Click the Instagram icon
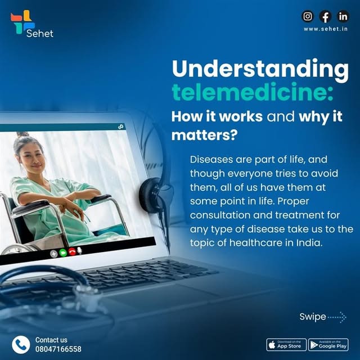tap(308, 16)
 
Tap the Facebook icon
tap(325, 16)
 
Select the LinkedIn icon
tap(343, 16)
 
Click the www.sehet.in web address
tap(326, 29)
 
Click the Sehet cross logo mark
tap(22, 22)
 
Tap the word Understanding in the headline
tap(260, 69)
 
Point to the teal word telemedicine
tap(253, 92)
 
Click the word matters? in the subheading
tap(204, 135)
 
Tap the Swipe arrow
tap(336, 317)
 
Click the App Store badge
tap(286, 345)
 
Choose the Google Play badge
tap(328, 345)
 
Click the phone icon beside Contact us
tap(21, 345)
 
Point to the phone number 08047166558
tap(58, 349)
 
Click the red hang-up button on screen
tap(72, 253)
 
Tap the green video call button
tap(63, 253)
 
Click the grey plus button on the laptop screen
tap(54, 254)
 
